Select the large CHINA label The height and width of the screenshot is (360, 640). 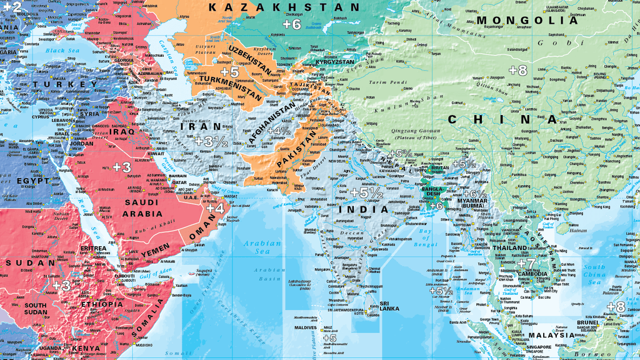pos(502,119)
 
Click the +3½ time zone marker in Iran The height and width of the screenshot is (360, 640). pos(211,142)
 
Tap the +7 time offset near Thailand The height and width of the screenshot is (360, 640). pos(527,264)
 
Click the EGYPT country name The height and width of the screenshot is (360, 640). pos(32,181)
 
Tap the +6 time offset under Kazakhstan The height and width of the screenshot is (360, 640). pos(291,24)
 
